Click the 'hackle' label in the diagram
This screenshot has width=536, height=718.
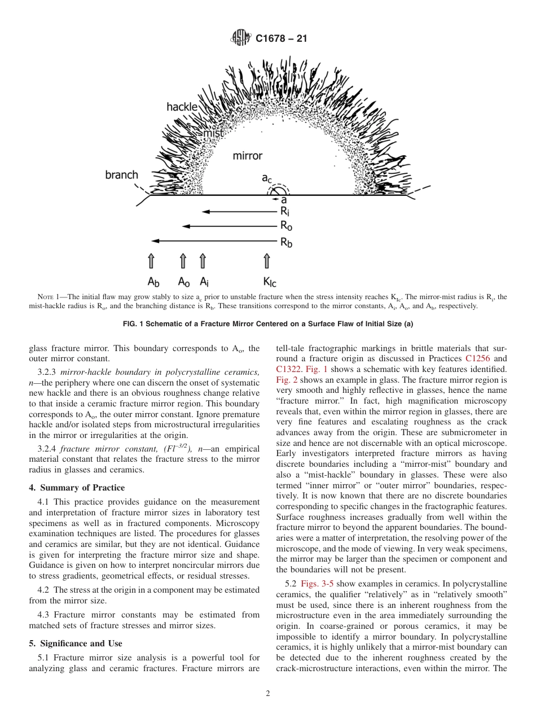(182, 107)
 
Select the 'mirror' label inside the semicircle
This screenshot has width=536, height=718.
(247, 155)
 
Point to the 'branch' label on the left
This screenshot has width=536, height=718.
(121, 175)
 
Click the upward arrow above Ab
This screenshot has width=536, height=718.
(151, 261)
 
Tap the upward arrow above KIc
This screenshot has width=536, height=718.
(267, 261)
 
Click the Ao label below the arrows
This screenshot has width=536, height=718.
(184, 281)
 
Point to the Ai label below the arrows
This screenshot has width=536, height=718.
(204, 281)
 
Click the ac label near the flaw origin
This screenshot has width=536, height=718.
(266, 178)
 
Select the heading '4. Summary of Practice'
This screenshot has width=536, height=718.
(77, 488)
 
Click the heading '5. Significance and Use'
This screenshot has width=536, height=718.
(76, 643)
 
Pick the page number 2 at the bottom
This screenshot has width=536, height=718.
(268, 694)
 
